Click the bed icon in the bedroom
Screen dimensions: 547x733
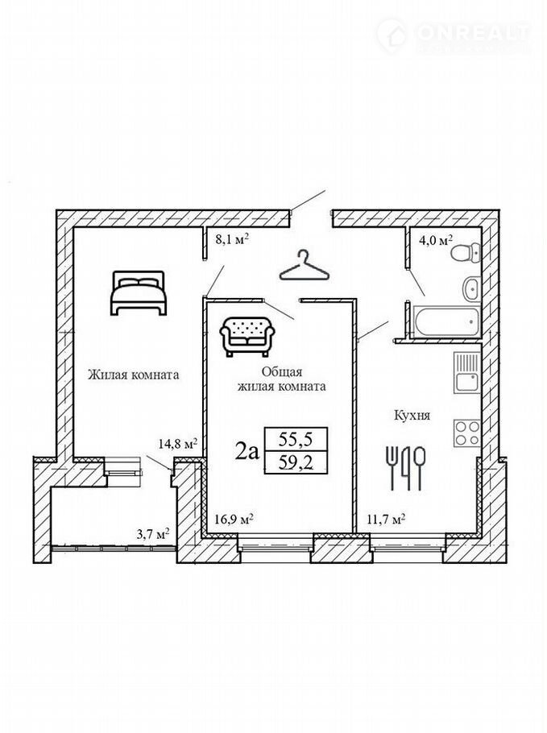pos(139,292)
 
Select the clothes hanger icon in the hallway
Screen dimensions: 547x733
pos(304,265)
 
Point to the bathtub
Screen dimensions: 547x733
pos(446,321)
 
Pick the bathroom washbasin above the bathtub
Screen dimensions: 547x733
pos(471,289)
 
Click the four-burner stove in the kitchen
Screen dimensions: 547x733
pos(466,433)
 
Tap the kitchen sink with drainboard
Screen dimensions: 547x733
pos(466,373)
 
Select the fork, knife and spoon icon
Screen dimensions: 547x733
pos(406,468)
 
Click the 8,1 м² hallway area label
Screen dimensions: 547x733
pos(231,240)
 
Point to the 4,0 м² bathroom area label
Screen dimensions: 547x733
pos(435,241)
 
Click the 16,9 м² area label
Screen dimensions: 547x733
pos(234,519)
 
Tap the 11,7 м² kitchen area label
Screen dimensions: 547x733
pos(385,519)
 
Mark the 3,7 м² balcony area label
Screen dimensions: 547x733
pos(153,534)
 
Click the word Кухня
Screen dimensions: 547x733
pos(412,415)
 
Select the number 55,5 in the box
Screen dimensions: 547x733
pos(296,440)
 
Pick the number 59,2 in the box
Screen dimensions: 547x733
pos(296,463)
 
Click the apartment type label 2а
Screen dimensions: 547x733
pos(247,452)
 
